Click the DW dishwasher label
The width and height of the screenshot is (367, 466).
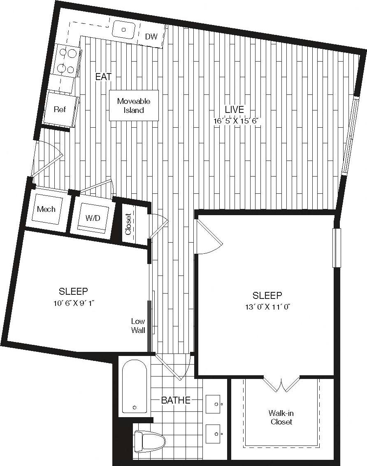click(151, 37)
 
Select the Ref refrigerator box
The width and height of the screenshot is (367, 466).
click(60, 109)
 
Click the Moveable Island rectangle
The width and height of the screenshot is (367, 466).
click(133, 106)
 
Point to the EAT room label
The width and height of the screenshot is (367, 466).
click(103, 76)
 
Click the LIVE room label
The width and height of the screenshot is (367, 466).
click(234, 110)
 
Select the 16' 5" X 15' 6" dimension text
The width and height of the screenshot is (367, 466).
click(238, 121)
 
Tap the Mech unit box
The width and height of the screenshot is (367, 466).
click(46, 209)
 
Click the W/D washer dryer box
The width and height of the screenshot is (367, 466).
click(93, 218)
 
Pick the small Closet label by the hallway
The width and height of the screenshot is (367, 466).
click(128, 224)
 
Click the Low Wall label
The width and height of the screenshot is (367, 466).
click(138, 326)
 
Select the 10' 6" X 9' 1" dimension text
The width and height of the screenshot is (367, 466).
click(73, 303)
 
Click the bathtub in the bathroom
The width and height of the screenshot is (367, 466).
click(134, 386)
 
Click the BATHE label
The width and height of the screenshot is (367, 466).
click(176, 400)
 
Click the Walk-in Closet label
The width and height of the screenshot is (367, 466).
click(281, 417)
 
